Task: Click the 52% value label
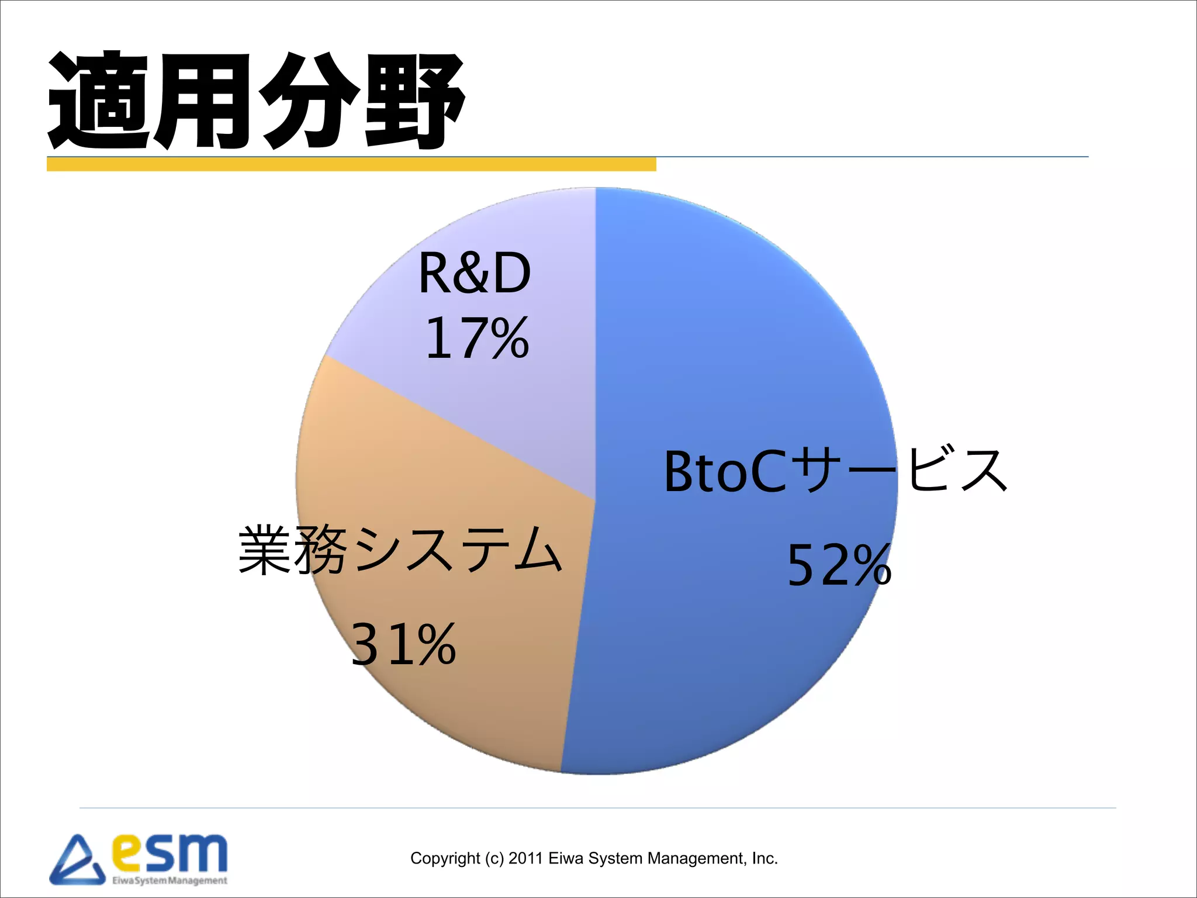(x=839, y=565)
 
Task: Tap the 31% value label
(x=403, y=644)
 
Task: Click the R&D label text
(x=475, y=274)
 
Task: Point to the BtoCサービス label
(x=836, y=471)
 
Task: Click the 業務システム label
(x=400, y=550)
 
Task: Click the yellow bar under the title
(x=351, y=164)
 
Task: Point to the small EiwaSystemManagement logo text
(x=169, y=880)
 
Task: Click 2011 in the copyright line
(x=525, y=858)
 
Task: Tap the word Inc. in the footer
(x=764, y=858)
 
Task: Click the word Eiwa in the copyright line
(x=566, y=858)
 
